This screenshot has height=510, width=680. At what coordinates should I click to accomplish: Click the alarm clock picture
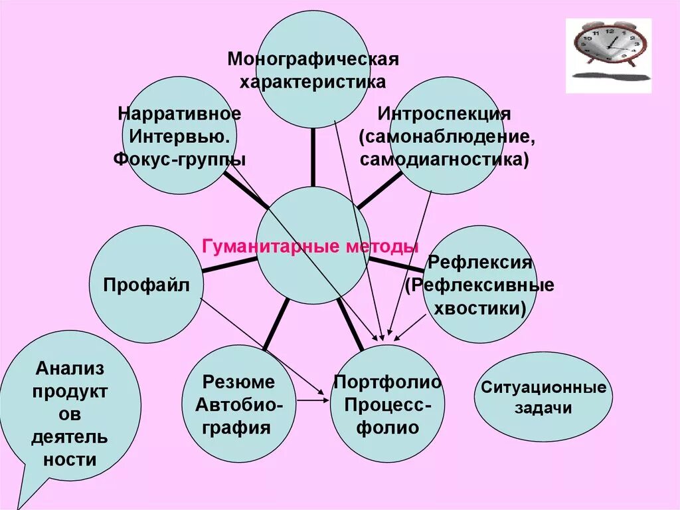(608, 53)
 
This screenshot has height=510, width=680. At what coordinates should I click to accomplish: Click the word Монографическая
(313, 59)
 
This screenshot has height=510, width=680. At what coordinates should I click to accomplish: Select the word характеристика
(313, 82)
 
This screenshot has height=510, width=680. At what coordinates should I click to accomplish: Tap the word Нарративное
(179, 113)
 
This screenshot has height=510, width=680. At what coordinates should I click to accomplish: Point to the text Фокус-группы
(179, 160)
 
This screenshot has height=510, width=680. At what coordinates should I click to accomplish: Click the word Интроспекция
(444, 114)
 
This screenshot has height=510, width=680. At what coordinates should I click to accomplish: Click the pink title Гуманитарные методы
(310, 247)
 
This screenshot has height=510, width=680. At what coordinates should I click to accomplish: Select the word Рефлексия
(480, 262)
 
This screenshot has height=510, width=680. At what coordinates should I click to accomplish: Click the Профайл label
(147, 285)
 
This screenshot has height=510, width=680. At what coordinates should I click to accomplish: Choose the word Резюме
(238, 382)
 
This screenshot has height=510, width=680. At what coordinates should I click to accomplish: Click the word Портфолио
(387, 382)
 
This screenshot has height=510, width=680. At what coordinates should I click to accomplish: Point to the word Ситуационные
(543, 387)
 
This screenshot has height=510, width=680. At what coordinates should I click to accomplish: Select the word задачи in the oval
(543, 408)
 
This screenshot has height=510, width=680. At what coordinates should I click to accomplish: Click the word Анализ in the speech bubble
(70, 368)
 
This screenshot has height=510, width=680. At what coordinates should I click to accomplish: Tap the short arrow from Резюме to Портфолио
(312, 400)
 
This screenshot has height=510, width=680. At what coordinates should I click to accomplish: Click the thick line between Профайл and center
(229, 265)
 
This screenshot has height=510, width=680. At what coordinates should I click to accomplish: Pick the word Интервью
(179, 136)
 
